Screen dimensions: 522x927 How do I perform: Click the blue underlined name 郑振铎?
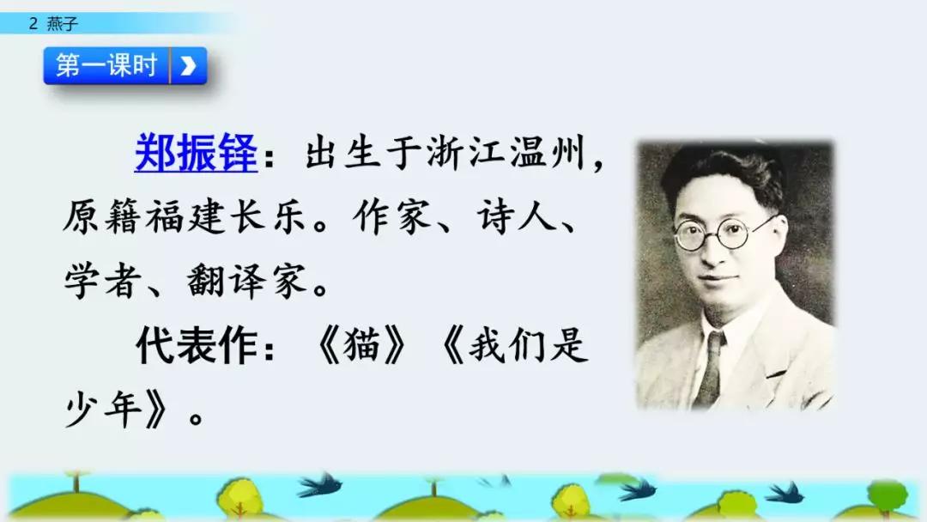196,155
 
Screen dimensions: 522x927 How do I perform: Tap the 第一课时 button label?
106,65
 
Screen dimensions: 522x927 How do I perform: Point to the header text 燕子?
63,24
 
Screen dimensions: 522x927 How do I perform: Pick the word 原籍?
95,220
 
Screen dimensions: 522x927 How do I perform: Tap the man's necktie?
710,369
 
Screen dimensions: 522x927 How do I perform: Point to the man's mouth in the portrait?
719,280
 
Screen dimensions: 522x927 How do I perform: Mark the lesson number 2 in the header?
33,24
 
